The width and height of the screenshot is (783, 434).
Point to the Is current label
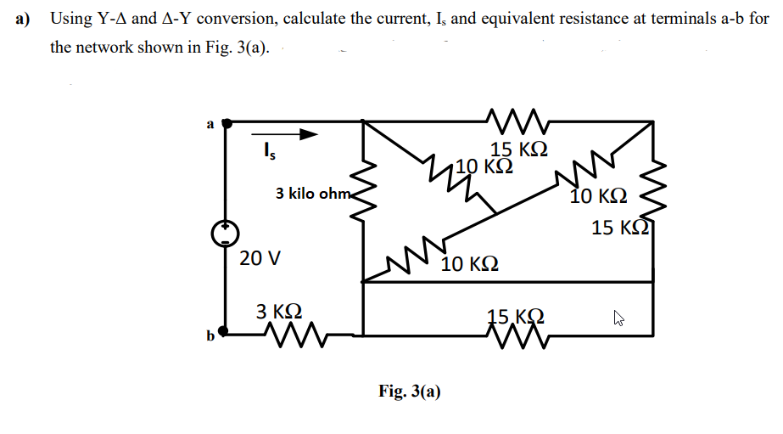pos(267,153)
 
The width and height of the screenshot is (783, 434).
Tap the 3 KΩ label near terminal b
pos(280,311)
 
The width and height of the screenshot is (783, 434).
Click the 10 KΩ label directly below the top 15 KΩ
pos(484,166)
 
